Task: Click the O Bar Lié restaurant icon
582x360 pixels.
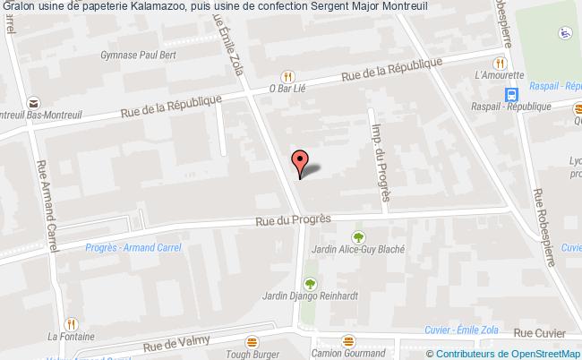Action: pos(287,76)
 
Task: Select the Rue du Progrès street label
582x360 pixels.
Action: pos(293,219)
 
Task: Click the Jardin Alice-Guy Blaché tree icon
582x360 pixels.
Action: pos(358,237)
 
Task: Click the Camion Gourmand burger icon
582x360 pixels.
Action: pos(348,340)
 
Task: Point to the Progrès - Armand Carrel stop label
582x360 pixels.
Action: pos(125,248)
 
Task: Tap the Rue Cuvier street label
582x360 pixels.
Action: pos(540,333)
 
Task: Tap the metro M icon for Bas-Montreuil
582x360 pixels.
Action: pos(33,103)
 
